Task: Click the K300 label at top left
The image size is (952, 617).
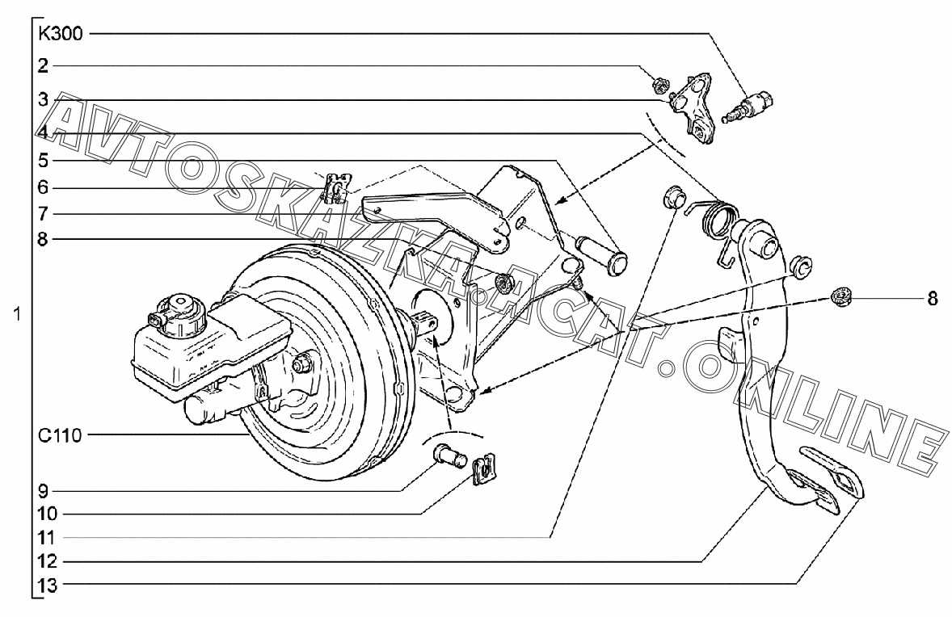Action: click(x=61, y=34)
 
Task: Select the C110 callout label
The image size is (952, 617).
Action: click(x=60, y=435)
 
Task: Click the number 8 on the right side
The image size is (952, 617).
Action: click(x=932, y=299)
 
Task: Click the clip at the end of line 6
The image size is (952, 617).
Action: click(x=336, y=187)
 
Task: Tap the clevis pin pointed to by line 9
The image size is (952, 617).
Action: click(x=450, y=454)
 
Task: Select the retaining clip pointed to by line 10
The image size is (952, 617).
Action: click(x=485, y=468)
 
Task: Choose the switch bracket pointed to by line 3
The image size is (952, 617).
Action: click(x=694, y=105)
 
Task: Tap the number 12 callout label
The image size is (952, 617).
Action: click(x=48, y=560)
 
